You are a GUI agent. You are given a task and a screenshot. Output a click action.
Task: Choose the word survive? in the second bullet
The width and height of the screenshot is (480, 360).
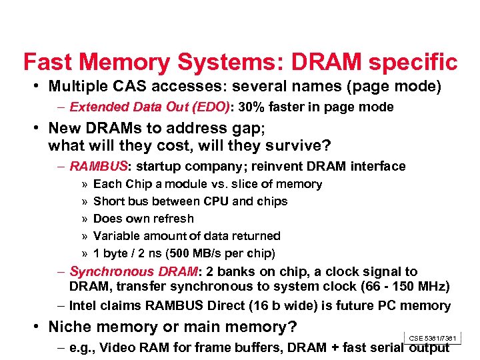[x=299, y=145]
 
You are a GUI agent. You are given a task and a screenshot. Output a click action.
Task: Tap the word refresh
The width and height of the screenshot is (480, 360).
[x=171, y=219]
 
